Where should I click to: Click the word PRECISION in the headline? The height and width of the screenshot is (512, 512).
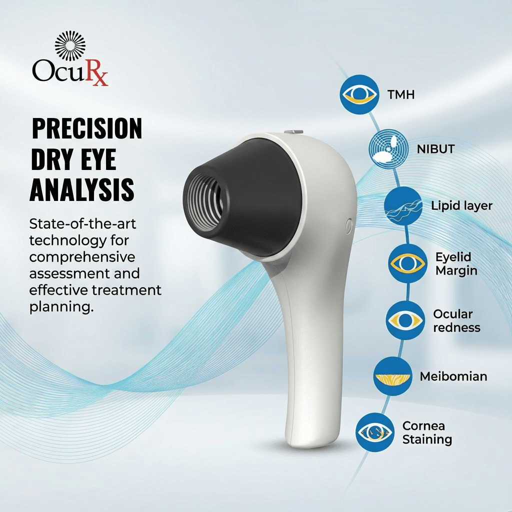pos(87,129)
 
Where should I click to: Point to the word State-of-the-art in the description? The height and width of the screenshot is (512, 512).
pos(82,223)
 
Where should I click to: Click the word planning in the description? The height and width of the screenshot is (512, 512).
pos(61,306)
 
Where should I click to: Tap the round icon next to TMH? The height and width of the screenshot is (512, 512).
pos(359,94)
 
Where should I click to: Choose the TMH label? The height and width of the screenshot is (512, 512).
pos(401,94)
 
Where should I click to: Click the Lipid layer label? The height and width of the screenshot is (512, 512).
pos(461,206)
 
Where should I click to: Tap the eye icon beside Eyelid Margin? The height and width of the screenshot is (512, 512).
pos(407,263)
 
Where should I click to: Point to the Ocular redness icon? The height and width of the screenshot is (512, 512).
pos(405,320)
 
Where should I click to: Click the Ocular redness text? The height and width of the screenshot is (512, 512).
pos(456,320)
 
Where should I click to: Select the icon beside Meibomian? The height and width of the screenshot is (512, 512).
pos(393,376)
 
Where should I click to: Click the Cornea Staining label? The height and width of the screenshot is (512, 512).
pos(427,432)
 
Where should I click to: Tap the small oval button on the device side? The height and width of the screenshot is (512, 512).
pos(348,226)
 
